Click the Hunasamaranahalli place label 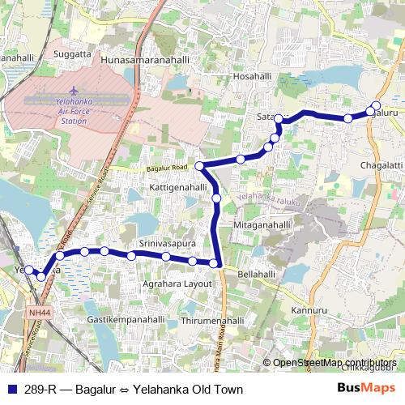point(145,60)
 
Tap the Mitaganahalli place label point(262,224)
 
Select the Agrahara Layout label point(177,283)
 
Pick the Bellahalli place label point(257,275)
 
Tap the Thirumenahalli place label point(214,321)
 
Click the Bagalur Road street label point(168,168)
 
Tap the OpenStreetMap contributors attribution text point(335,363)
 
